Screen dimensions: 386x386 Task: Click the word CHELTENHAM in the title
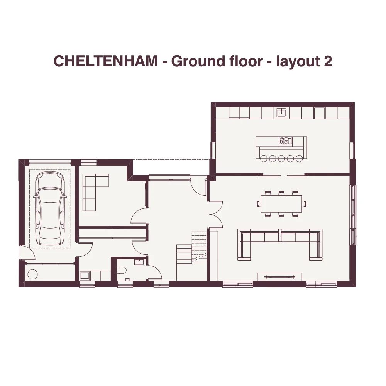click(106, 61)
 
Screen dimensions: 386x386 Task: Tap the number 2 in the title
click(328, 61)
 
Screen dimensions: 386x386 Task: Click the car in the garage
click(50, 208)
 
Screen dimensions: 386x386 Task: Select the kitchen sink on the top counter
click(281, 112)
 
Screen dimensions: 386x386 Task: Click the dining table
click(281, 204)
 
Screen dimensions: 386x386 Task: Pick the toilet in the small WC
click(122, 270)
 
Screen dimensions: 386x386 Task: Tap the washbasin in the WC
click(139, 261)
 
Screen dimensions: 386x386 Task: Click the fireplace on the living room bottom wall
click(279, 276)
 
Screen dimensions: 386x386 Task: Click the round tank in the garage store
click(32, 274)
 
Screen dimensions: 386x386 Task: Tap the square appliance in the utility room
click(84, 276)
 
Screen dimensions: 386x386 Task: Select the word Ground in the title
click(198, 61)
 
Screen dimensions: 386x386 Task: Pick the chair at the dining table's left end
click(259, 204)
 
